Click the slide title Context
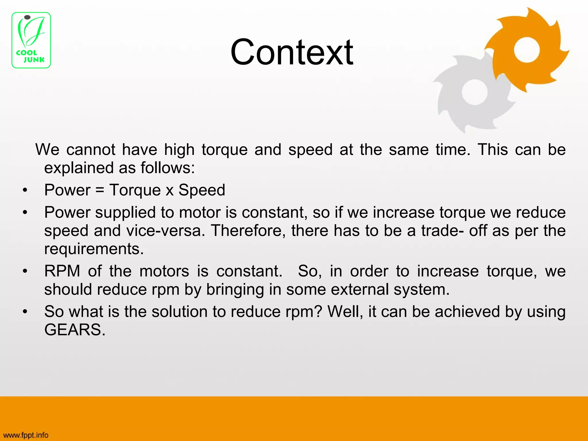[291, 52]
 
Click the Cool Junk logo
[31, 40]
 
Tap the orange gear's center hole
[527, 50]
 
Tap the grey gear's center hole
[474, 92]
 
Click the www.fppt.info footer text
[26, 435]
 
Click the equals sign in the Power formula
[100, 190]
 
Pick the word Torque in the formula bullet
[135, 190]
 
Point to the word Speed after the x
[202, 190]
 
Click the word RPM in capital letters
[62, 271]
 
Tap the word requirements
[94, 249]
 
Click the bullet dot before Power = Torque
[25, 190]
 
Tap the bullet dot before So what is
[25, 312]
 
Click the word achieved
[467, 312]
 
